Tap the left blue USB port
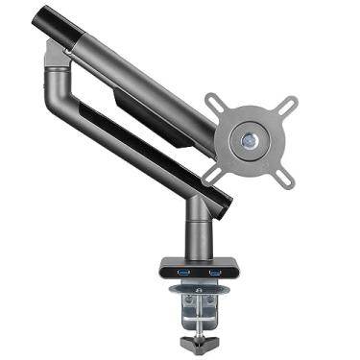pyautogui.click(x=182, y=276)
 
